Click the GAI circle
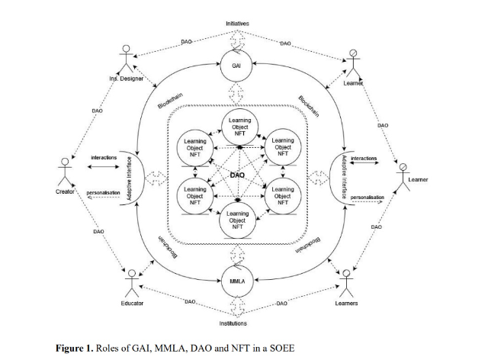coord(237,66)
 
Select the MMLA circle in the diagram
coord(236,281)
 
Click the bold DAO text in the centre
coord(237,175)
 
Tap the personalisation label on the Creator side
coord(104,193)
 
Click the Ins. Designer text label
coord(127,79)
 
